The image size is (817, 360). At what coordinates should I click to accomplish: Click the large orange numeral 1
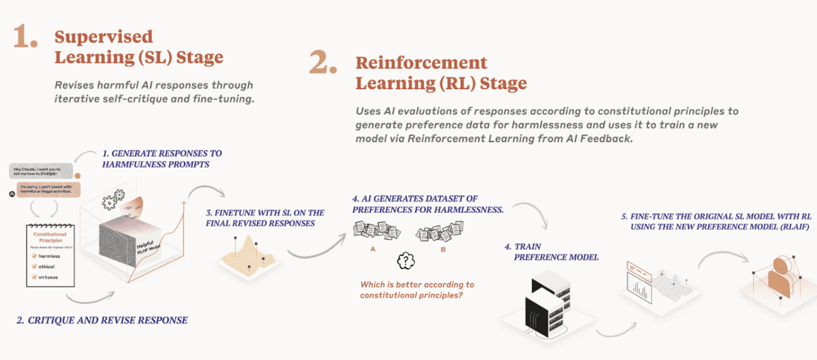click(x=25, y=39)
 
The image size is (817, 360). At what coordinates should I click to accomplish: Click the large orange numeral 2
click(x=323, y=64)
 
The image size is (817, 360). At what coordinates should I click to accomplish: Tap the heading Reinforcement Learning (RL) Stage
click(x=441, y=73)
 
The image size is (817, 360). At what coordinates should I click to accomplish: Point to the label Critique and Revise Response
click(x=101, y=319)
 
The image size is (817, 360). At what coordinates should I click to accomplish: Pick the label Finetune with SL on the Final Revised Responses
click(x=265, y=218)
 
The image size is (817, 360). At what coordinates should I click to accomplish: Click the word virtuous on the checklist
click(x=48, y=278)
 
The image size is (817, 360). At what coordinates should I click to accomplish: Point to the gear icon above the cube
click(x=110, y=201)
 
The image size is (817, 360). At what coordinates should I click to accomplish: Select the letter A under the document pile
click(x=372, y=250)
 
